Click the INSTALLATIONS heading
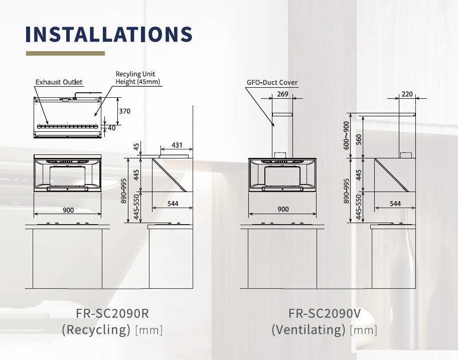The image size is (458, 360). point(109,34)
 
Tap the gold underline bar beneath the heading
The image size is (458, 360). point(65,53)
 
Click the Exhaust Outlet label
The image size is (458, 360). point(59,82)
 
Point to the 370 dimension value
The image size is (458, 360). point(124,111)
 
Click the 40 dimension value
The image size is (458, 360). point(111,128)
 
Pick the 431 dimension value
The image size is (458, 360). point(177,145)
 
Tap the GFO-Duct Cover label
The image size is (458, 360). point(272,83)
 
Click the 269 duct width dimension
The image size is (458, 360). point(282,94)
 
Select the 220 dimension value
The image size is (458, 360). point(407,94)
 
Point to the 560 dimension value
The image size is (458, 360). point(358,139)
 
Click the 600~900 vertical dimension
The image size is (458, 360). point(346,134)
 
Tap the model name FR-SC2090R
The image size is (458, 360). point(112,313)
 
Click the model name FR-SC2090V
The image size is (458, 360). point(325,313)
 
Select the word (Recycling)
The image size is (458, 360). point(96,329)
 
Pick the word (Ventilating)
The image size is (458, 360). point(309,329)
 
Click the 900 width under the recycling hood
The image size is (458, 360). point(68,210)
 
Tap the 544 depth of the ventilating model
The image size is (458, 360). point(395,204)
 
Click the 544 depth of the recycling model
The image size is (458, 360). point(173,204)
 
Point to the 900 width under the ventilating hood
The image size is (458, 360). point(283,209)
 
